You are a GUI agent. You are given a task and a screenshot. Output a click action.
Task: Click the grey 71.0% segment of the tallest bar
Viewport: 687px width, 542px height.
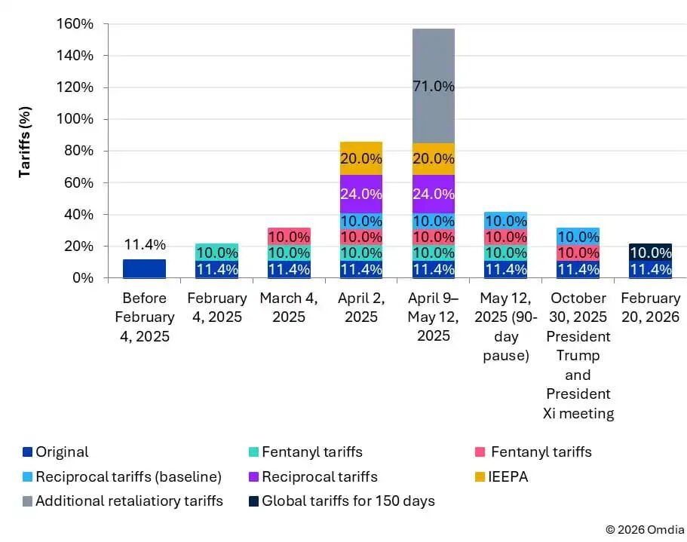433,86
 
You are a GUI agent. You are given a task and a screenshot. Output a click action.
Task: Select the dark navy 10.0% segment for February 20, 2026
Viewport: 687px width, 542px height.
649,253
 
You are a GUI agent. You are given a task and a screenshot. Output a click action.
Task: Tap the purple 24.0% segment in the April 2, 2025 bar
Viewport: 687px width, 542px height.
360,193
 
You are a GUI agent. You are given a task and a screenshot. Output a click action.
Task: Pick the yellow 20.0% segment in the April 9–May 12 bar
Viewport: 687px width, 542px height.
433,159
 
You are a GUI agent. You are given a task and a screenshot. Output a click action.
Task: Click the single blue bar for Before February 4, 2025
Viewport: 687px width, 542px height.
144,268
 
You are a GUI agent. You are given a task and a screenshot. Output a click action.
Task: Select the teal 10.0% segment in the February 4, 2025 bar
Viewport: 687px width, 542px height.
216,253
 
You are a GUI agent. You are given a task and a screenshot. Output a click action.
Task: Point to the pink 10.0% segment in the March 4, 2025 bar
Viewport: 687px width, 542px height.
289,236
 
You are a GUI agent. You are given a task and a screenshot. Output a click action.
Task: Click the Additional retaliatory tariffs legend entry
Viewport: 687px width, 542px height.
129,501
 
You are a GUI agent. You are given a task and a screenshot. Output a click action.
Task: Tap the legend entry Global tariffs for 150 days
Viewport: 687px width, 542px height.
348,501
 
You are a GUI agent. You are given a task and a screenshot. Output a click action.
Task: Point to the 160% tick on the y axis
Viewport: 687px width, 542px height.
75,24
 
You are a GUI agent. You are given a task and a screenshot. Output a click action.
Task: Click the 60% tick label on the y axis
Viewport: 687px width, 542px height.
78,182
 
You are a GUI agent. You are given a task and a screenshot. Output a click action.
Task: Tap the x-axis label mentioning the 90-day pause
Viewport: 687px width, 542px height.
505,326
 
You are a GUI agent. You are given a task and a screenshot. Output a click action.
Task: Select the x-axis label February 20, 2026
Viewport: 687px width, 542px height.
649,308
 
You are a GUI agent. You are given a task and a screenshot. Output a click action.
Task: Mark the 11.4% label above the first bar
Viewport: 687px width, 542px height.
144,245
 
